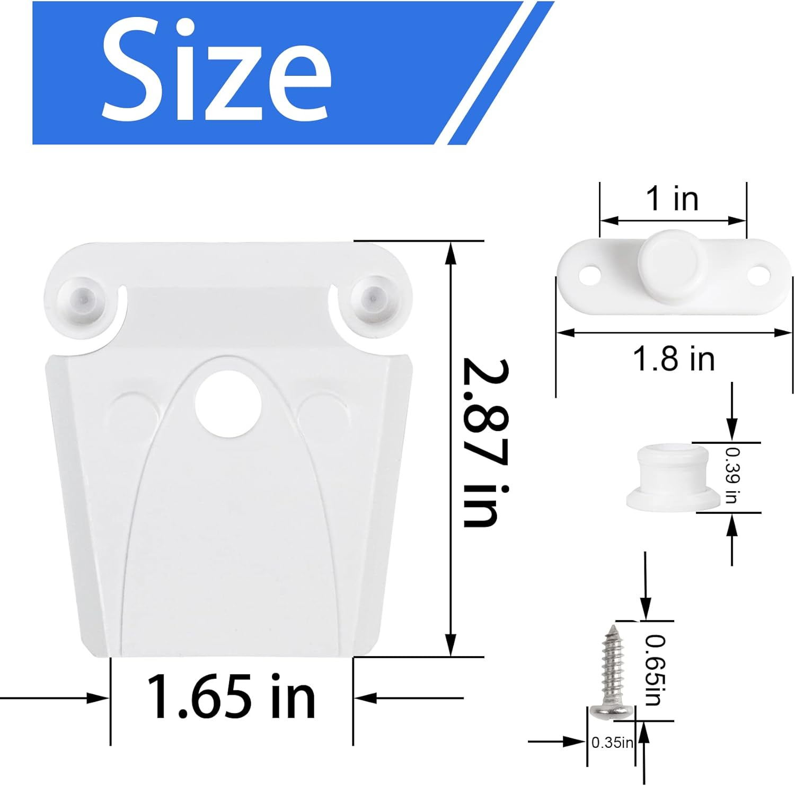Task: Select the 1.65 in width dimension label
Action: coord(231,696)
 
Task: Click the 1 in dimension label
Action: coord(673,199)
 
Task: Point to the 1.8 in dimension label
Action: coord(674,359)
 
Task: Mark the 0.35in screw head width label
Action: coord(612,743)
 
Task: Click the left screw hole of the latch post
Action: coord(588,276)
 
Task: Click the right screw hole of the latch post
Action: coord(758,274)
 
